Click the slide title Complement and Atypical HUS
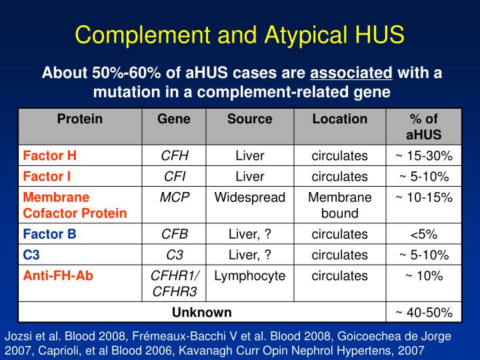(239, 34)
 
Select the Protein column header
(79, 119)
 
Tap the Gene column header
(174, 119)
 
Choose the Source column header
(249, 119)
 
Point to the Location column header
(340, 119)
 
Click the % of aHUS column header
(424, 127)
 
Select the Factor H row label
(50, 156)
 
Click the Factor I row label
(49, 177)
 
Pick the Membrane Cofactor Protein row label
(75, 205)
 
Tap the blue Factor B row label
(50, 234)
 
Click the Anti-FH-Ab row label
(58, 275)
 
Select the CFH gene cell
(174, 156)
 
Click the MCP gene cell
(174, 198)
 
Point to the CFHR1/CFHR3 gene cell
(174, 283)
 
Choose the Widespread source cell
(249, 198)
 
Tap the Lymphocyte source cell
(249, 275)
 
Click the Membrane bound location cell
(340, 205)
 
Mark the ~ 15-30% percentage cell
(424, 156)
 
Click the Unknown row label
(202, 312)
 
